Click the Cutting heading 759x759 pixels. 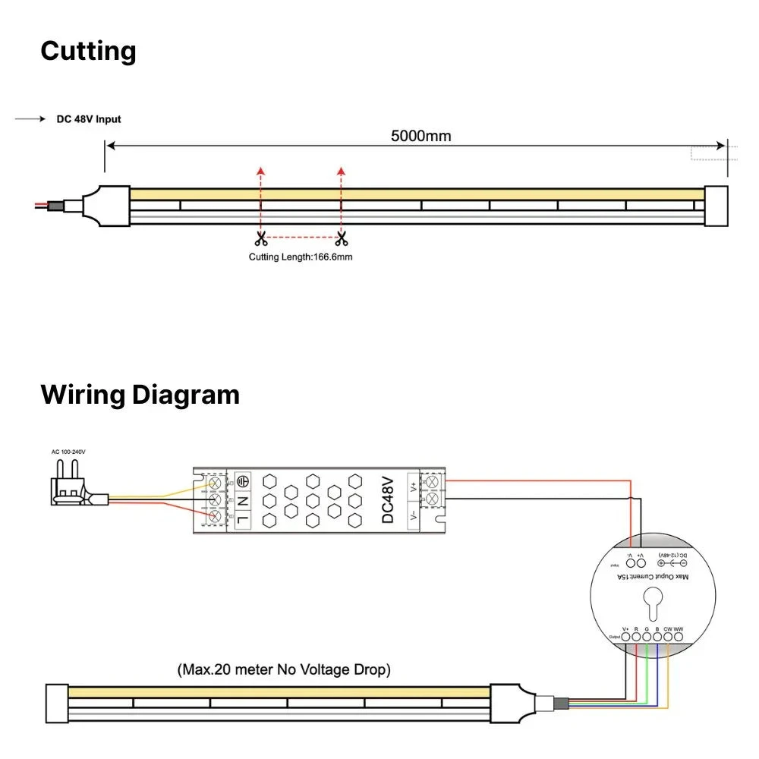click(88, 52)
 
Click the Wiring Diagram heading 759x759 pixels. click(140, 395)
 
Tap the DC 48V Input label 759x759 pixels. click(89, 119)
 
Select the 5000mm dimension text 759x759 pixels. click(420, 137)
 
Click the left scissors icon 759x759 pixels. click(260, 239)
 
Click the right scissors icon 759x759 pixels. click(342, 239)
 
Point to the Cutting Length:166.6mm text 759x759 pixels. click(301, 257)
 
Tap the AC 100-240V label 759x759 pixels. click(68, 452)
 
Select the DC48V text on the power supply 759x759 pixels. click(388, 500)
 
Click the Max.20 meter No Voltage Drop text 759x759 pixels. click(284, 670)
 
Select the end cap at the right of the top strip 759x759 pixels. click(716, 206)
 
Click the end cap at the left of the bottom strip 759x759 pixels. click(57, 703)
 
